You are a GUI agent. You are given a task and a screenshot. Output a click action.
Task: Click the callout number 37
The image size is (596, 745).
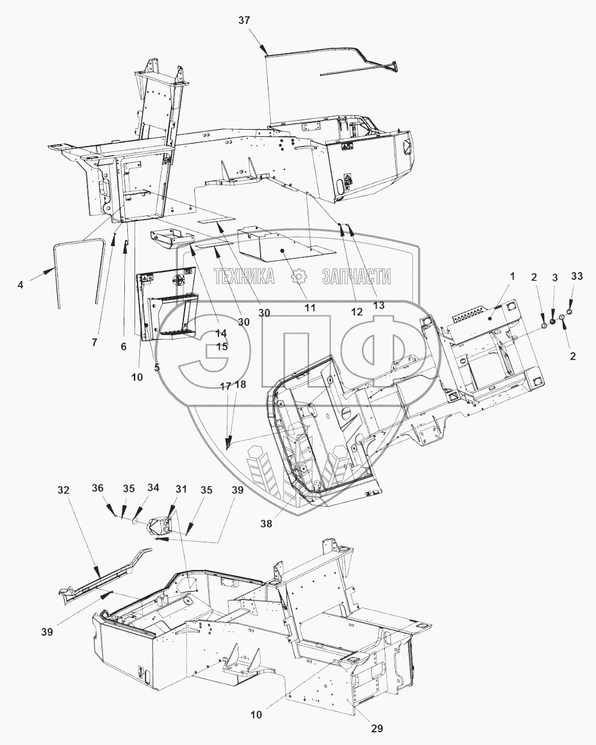[x=244, y=21]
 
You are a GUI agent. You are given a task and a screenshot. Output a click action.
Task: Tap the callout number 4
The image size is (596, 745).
[x=21, y=284]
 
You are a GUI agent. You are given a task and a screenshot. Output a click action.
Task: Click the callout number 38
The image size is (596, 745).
[x=266, y=524]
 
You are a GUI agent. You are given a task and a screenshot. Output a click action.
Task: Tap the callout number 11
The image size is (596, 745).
[x=309, y=307]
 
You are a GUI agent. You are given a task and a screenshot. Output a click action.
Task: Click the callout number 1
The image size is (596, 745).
[x=512, y=276]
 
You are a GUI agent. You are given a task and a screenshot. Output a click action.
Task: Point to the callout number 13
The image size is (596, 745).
[x=378, y=306]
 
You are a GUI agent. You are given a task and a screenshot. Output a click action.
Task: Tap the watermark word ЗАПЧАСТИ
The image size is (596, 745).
[x=357, y=277]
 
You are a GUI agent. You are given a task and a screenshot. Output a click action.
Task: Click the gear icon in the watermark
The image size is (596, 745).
[x=296, y=277]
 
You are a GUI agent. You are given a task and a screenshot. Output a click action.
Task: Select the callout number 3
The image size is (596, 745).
[x=554, y=277]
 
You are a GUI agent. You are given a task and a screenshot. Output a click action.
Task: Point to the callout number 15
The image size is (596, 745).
[x=222, y=347]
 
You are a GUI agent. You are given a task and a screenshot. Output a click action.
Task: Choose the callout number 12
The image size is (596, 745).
[x=357, y=312]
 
